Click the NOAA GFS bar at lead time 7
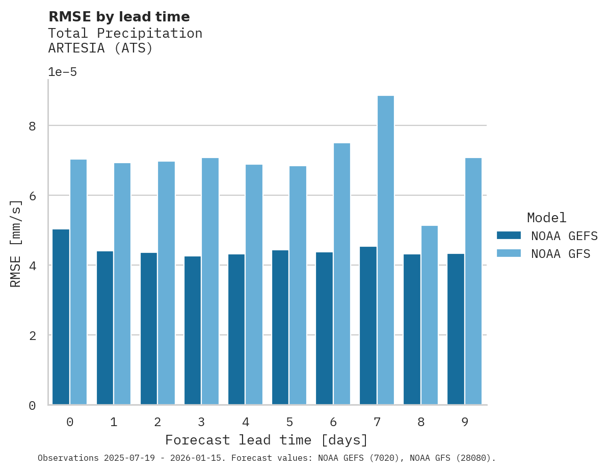click(x=385, y=250)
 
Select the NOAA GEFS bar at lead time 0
click(x=61, y=317)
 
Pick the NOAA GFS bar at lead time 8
click(x=429, y=315)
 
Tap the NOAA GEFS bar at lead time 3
click(x=192, y=330)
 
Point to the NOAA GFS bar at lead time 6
click(x=341, y=274)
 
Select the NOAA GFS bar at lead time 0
click(x=78, y=282)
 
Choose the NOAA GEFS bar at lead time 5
click(x=280, y=327)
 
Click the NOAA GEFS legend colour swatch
click(x=509, y=235)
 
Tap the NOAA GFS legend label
click(x=561, y=254)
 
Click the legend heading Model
click(x=546, y=218)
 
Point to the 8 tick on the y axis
click(x=32, y=126)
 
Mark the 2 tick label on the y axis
click(x=32, y=335)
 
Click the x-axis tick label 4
click(x=245, y=422)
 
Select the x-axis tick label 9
click(x=465, y=422)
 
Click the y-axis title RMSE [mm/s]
click(x=16, y=243)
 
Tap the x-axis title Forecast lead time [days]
click(x=266, y=440)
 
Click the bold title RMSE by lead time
click(x=119, y=17)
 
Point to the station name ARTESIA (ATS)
click(x=100, y=48)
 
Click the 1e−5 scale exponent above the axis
click(x=62, y=72)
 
